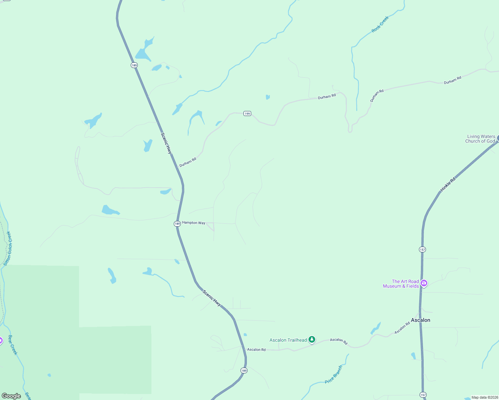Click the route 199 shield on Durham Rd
pyautogui.click(x=247, y=114)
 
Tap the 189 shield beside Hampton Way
pyautogui.click(x=177, y=224)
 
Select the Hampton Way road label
pyautogui.click(x=193, y=223)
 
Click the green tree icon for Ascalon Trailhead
pyautogui.click(x=312, y=340)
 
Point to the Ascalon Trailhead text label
pyautogui.click(x=288, y=340)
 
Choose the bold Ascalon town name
pyautogui.click(x=420, y=320)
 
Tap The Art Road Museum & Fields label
pyautogui.click(x=401, y=284)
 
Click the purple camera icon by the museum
pyautogui.click(x=424, y=283)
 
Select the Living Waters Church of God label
pyautogui.click(x=480, y=139)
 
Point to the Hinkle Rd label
pyautogui.click(x=448, y=184)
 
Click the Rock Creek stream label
pyautogui.click(x=380, y=24)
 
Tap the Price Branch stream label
pyautogui.click(x=334, y=374)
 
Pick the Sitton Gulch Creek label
pyautogui.click(x=8, y=248)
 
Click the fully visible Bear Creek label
pyautogui.click(x=13, y=345)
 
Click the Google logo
pyautogui.click(x=11, y=396)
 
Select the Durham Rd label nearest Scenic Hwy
pyautogui.click(x=188, y=162)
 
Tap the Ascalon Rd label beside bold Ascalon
pyautogui.click(x=402, y=328)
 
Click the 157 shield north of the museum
pyautogui.click(x=423, y=249)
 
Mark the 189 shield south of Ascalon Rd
pyautogui.click(x=244, y=370)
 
